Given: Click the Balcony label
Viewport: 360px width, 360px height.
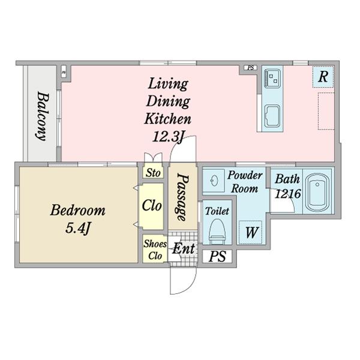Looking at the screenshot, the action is click(43, 116).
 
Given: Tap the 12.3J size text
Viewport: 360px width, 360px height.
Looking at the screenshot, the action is click(168, 137).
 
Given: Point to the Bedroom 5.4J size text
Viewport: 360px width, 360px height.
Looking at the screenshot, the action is click(77, 228).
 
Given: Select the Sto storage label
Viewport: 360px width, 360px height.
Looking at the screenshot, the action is click(153, 173).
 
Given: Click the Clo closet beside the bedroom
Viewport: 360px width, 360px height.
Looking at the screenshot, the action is click(152, 205).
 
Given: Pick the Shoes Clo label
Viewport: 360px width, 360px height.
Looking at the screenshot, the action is click(155, 250).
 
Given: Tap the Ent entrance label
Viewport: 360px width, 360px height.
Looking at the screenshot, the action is click(184, 248).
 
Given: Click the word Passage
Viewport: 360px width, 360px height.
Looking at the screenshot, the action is click(183, 197).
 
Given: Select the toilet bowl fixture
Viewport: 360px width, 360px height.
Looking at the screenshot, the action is click(217, 232).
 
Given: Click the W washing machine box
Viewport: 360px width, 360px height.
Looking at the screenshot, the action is click(250, 232).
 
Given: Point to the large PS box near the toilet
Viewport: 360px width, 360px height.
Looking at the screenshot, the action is click(217, 256).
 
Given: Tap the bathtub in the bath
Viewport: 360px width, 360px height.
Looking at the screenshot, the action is click(317, 193).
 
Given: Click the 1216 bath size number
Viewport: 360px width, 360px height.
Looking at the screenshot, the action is click(287, 194).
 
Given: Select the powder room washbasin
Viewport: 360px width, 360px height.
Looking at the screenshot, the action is click(214, 181).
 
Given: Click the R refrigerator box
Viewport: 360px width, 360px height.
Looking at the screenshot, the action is click(323, 77).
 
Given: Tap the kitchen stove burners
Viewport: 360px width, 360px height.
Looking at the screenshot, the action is click(272, 79).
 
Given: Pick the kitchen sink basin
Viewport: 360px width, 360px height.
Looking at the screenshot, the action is click(272, 116).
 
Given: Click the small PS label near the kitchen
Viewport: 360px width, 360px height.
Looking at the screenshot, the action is click(251, 68).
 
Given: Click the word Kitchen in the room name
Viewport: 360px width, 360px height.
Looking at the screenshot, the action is click(167, 119).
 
